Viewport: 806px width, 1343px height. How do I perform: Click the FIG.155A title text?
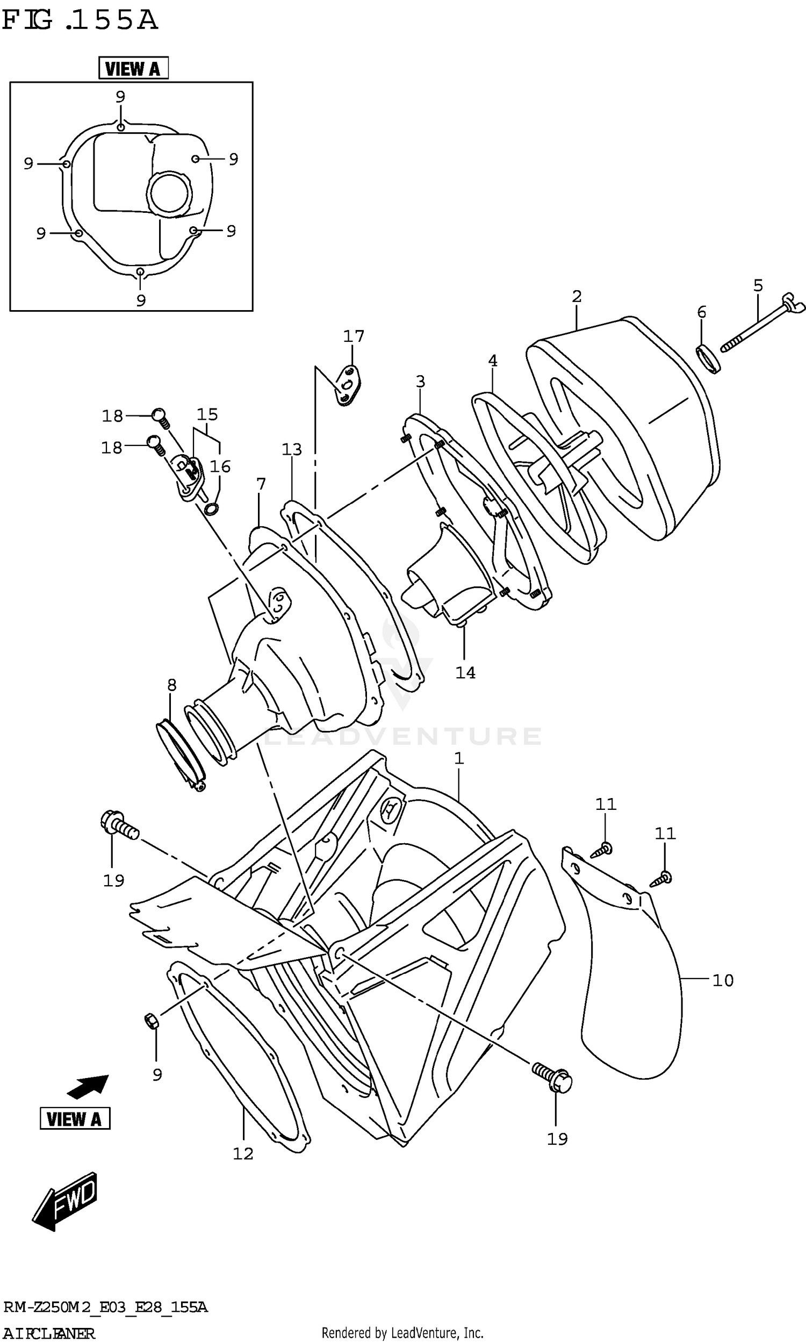pyautogui.click(x=80, y=20)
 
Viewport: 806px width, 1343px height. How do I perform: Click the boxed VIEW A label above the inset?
pyautogui.click(x=133, y=68)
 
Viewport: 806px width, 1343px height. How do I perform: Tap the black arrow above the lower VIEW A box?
pyautogui.click(x=88, y=1086)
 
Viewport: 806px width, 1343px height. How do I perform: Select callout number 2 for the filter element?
pyautogui.click(x=577, y=297)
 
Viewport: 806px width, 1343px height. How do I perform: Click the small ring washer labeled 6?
pyautogui.click(x=709, y=358)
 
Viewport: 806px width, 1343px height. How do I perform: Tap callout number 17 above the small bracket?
pyautogui.click(x=354, y=336)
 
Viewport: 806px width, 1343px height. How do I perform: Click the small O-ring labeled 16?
pyautogui.click(x=212, y=509)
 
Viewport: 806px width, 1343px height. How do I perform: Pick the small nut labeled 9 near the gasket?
pyautogui.click(x=152, y=1021)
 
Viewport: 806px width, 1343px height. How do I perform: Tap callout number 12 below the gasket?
pyautogui.click(x=243, y=1154)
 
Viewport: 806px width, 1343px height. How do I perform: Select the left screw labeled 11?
pyautogui.click(x=601, y=850)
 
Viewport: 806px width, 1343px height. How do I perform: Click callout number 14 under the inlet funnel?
pyautogui.click(x=465, y=673)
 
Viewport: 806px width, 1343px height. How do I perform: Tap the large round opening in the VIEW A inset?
pyautogui.click(x=169, y=193)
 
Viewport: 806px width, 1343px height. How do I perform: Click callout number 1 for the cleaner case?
pyautogui.click(x=459, y=758)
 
